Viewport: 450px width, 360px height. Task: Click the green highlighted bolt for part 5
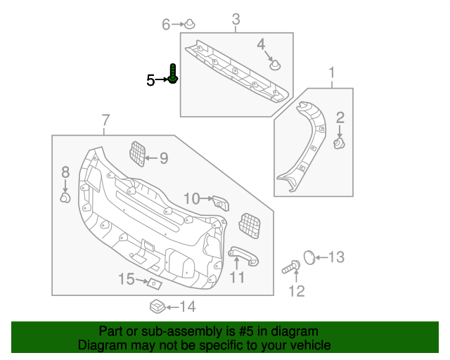coord(173,74)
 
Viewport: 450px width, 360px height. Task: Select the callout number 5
coord(150,81)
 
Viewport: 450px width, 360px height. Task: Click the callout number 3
coord(236,19)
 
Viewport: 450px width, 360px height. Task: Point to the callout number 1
coord(332,72)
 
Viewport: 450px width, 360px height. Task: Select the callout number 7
coord(105,120)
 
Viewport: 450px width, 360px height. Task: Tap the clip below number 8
coord(65,198)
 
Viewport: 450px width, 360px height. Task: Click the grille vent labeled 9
coord(139,154)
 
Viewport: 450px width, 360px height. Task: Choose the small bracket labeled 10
coord(221,203)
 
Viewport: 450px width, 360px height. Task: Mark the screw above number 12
coord(292,266)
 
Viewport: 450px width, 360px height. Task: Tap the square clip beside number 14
coord(157,307)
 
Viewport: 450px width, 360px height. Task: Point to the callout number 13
coord(337,257)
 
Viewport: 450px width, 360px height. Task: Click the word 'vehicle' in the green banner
coord(307,345)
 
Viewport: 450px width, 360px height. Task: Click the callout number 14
coord(187,307)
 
